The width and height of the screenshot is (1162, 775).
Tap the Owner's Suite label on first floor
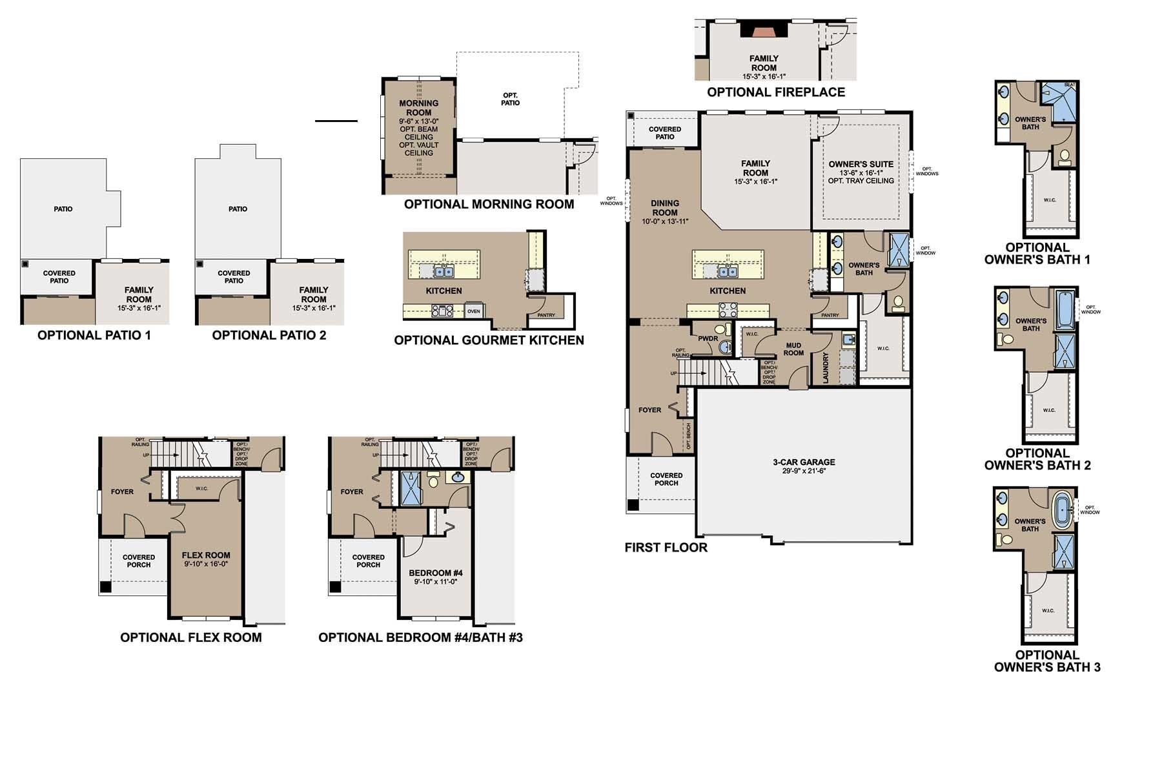click(x=861, y=165)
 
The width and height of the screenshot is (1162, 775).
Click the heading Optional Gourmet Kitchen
click(x=489, y=340)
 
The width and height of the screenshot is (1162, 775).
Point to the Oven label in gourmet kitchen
click(x=473, y=311)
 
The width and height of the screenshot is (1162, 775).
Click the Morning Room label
click(x=418, y=108)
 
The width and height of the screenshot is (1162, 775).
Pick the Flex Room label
click(x=206, y=555)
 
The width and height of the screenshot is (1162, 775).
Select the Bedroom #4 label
click(x=435, y=573)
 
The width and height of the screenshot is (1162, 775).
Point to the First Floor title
click(x=666, y=548)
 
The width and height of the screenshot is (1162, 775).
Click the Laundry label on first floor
click(x=826, y=368)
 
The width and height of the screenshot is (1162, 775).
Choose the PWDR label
click(x=708, y=338)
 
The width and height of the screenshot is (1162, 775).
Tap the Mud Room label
click(x=793, y=349)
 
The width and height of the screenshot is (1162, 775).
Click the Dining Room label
click(x=665, y=208)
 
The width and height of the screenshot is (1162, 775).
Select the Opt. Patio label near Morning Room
click(x=510, y=99)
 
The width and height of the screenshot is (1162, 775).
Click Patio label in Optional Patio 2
click(x=238, y=209)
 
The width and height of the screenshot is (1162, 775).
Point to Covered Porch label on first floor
click(x=666, y=479)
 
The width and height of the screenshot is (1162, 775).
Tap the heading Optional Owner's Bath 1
click(x=1037, y=254)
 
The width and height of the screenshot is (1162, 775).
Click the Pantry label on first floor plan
click(x=830, y=315)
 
